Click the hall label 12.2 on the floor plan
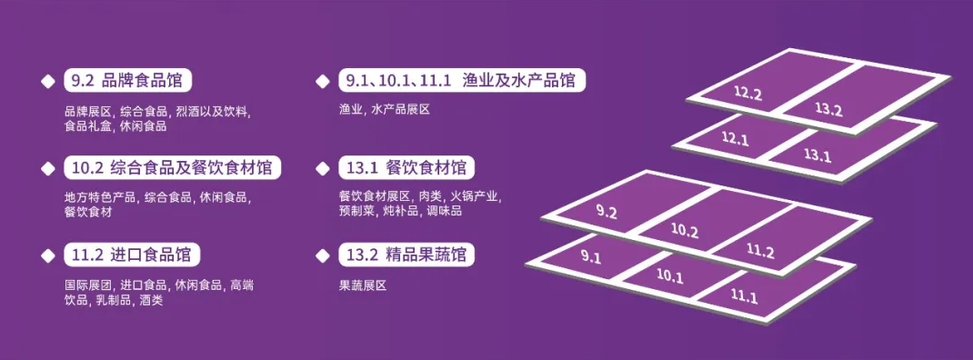coord(747,94)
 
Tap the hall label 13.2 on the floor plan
coord(828,110)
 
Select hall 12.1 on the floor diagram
coord(735,139)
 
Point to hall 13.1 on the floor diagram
coord(818,155)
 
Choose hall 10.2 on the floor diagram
coord(685,231)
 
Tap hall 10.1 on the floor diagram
coord(669,275)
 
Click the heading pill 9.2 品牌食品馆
coord(132,80)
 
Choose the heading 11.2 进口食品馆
coord(132,254)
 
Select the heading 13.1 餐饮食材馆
coord(406,168)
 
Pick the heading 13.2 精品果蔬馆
coord(406,254)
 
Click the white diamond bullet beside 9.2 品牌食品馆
coord(45,80)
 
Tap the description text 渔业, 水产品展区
coord(383,109)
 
